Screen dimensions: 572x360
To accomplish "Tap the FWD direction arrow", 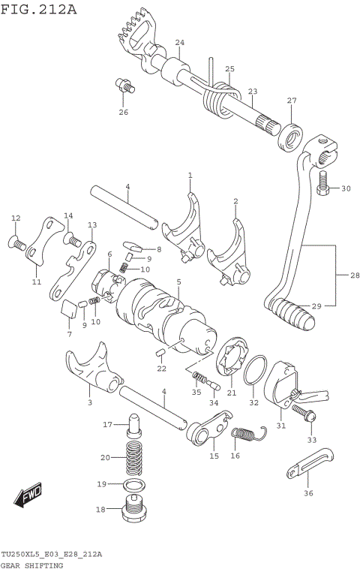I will coord(28,498).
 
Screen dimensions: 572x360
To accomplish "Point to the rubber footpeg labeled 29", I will coord(293,311).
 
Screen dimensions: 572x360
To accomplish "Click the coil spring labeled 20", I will coord(133,457).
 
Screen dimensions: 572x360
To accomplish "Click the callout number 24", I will coord(179,43).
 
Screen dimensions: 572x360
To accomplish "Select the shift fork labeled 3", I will coord(90,369).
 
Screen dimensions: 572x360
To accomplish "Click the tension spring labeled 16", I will coord(247,434).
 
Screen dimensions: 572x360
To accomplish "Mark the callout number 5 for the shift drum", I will coord(178,281).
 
